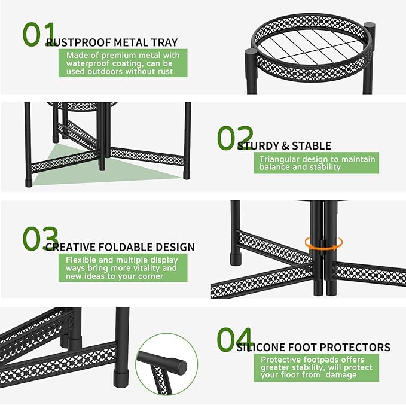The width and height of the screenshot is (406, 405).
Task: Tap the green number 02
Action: coord(235,138)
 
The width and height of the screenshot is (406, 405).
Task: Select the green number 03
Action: coord(41,239)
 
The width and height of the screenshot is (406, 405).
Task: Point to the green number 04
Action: coord(235,339)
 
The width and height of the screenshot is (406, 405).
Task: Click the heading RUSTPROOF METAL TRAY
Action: coord(112,42)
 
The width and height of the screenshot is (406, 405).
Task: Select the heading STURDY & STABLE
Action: coord(284,146)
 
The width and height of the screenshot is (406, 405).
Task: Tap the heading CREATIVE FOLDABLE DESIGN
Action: coord(120,247)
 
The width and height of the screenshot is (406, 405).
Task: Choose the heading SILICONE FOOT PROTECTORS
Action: coord(313,348)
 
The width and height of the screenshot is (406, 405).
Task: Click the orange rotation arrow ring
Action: coord(323,243)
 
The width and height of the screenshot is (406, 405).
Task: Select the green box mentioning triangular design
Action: coord(316,163)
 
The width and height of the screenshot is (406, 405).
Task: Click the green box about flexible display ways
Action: coord(123,268)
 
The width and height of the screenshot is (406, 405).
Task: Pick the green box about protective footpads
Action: coord(316,367)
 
